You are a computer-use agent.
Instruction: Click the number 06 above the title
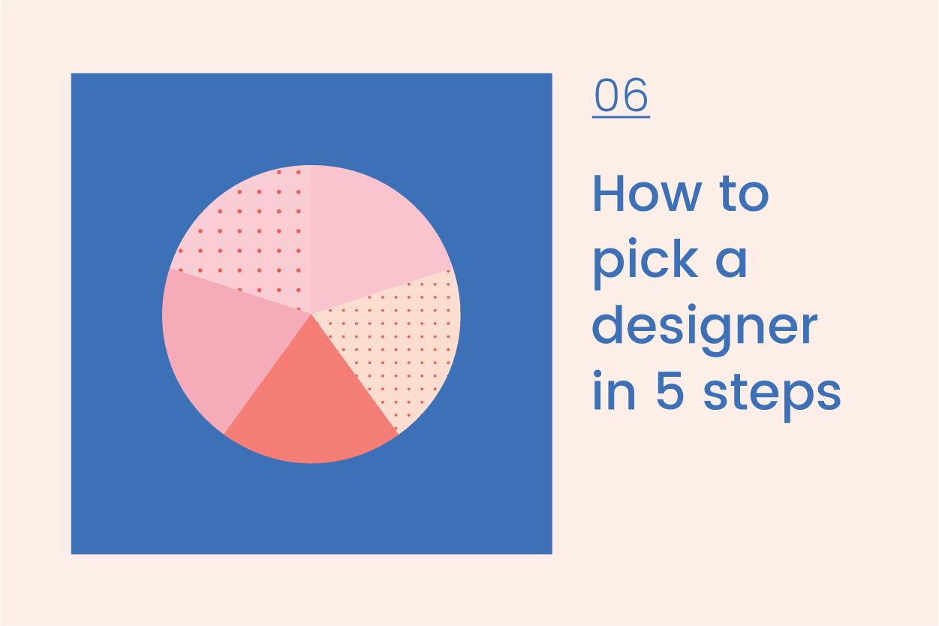621,96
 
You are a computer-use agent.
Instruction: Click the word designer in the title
704,329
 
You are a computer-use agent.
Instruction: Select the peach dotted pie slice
398,338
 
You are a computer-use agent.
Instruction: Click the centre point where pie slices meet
311,314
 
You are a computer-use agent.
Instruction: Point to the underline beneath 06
621,116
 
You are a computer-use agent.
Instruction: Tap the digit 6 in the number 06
636,96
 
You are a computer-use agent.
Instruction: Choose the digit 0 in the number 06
607,96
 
